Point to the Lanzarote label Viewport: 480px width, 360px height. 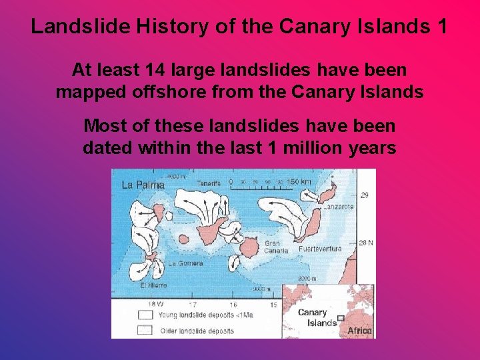[x=339, y=207]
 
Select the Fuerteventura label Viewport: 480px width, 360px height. [x=320, y=249]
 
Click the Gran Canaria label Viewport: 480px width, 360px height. [x=276, y=247]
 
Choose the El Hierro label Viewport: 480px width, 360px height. [x=152, y=285]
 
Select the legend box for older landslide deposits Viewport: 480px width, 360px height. [x=145, y=329]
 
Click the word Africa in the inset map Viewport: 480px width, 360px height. [x=359, y=331]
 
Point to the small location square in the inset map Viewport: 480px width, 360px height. [x=341, y=318]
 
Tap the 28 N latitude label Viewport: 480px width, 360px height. [x=366, y=243]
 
